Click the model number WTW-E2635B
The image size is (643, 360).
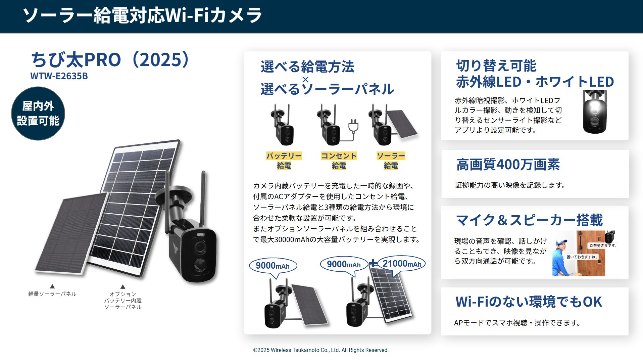click(59, 76)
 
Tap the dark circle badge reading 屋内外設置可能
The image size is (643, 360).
click(38, 114)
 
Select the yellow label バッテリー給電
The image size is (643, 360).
click(284, 161)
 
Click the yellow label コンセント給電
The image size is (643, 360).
click(339, 161)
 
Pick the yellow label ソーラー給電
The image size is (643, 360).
click(391, 161)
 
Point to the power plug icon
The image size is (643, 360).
click(353, 126)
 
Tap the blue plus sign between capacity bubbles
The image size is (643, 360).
click(373, 264)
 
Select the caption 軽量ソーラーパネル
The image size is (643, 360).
click(52, 294)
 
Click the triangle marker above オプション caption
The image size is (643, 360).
click(123, 286)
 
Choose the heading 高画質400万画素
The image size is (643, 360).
click(508, 165)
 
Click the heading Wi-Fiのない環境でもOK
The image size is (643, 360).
click(529, 302)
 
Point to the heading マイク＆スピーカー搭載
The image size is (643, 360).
click(529, 220)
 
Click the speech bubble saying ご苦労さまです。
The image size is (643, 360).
click(603, 245)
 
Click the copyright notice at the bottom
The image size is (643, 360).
click(321, 350)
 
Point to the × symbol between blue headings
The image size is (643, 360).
click(305, 80)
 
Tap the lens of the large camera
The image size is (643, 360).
click(200, 248)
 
